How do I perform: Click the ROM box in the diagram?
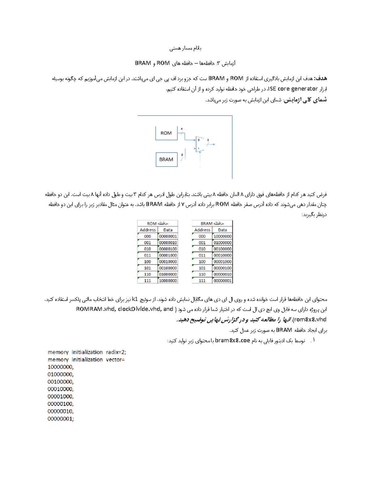click(x=166, y=133)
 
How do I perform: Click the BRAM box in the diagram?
click(x=166, y=159)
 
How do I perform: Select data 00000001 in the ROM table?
click(x=168, y=236)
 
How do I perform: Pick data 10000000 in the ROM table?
click(x=168, y=281)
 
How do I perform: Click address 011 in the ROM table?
click(x=147, y=255)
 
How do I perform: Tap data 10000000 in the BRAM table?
click(x=222, y=236)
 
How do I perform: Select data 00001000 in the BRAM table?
click(x=222, y=262)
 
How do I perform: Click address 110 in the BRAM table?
click(x=202, y=274)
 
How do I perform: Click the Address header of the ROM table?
click(x=147, y=230)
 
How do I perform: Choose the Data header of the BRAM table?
click(x=222, y=230)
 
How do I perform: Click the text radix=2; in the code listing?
click(x=116, y=352)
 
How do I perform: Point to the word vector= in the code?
click(x=115, y=359)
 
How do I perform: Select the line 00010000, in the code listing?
click(x=60, y=389)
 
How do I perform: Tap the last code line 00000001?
click(x=60, y=419)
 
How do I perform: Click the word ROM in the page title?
click(x=163, y=63)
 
